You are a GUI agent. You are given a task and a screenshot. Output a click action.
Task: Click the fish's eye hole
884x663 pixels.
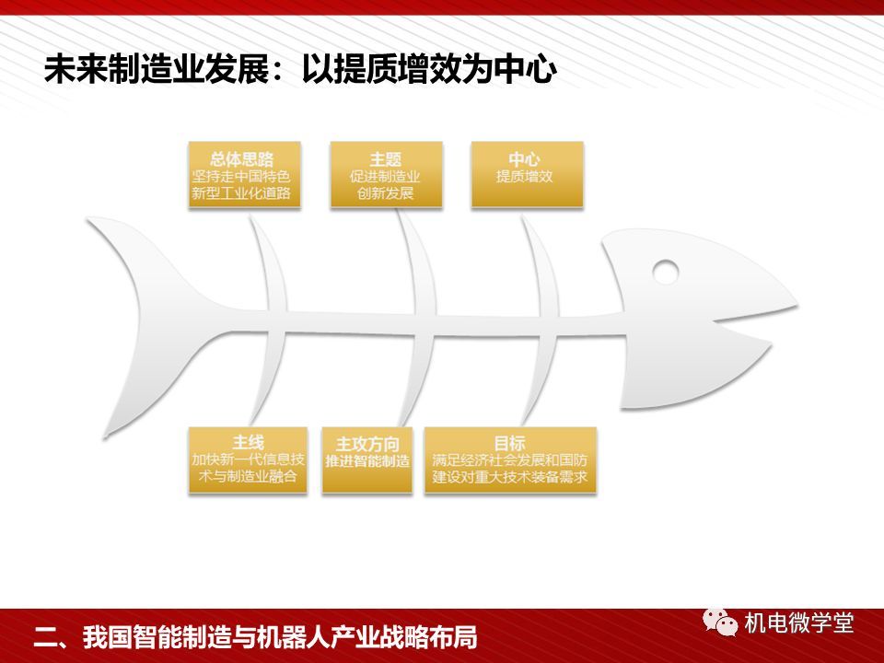(x=665, y=272)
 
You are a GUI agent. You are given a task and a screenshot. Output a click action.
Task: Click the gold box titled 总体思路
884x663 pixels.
(x=244, y=175)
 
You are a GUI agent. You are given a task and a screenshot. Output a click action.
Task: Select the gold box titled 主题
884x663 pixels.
(x=386, y=175)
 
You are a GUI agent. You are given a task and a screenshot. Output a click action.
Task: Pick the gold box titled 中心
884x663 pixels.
(x=527, y=175)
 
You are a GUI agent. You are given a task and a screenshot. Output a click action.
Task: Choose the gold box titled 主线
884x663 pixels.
(x=248, y=460)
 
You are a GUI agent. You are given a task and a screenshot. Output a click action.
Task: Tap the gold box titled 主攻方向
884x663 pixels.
(x=367, y=460)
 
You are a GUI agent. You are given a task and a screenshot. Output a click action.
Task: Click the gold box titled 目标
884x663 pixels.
(x=510, y=460)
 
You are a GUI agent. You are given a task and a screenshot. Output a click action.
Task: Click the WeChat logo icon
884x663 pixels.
(x=720, y=622)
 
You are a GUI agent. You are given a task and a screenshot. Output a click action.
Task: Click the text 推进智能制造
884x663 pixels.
(x=367, y=461)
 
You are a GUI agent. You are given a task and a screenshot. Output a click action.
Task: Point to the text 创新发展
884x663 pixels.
(x=386, y=193)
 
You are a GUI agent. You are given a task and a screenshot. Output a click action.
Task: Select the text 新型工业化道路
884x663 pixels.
(x=241, y=193)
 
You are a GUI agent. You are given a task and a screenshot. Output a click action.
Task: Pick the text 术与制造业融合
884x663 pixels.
(x=248, y=476)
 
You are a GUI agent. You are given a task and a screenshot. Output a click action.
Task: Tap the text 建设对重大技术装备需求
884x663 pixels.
(x=510, y=477)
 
